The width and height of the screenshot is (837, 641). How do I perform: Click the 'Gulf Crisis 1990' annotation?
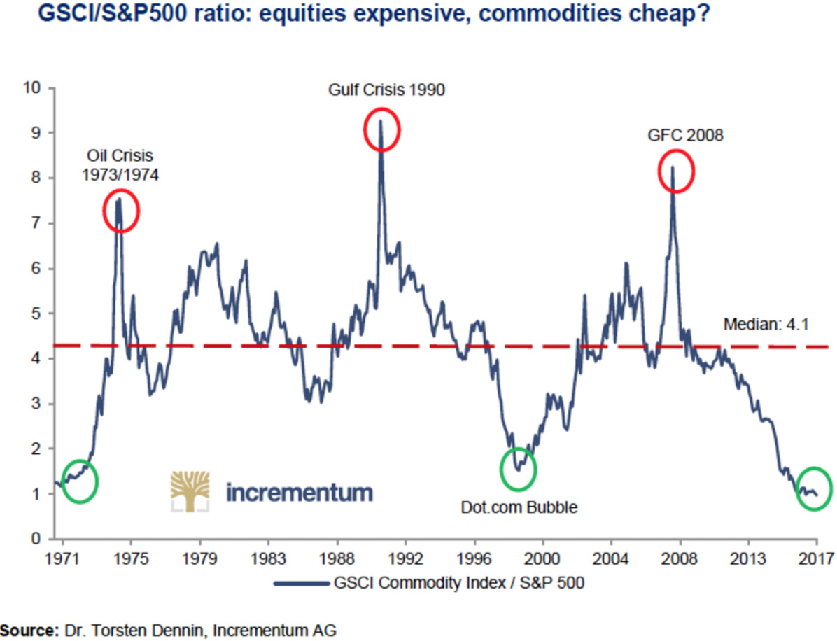point(386,90)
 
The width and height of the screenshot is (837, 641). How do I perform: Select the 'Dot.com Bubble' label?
point(519,507)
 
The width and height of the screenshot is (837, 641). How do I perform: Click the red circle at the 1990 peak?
point(381,129)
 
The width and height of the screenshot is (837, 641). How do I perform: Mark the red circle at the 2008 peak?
point(676,171)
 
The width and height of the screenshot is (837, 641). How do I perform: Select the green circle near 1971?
point(80,481)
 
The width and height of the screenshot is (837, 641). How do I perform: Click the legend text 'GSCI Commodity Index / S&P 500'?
point(455,583)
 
